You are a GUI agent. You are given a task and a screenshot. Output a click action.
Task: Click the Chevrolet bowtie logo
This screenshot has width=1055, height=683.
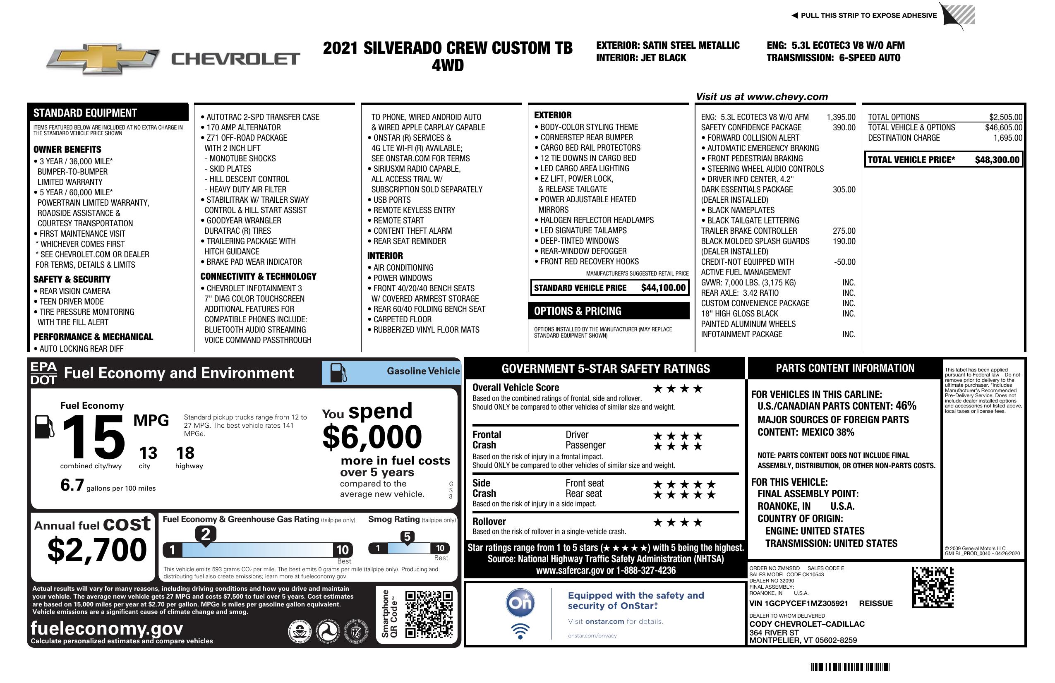103,59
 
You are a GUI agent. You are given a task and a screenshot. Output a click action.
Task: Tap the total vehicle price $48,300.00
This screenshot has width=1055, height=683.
997,160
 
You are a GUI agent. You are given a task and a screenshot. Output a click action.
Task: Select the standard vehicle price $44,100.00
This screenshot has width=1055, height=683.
663,288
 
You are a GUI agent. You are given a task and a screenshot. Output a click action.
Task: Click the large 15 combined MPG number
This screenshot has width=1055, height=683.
94,437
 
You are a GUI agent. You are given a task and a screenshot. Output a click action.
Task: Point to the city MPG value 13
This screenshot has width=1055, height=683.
148,453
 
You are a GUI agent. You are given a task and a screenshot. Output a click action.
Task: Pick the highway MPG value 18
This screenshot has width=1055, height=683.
185,453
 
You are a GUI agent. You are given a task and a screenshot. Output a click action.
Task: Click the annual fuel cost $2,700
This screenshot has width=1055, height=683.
97,550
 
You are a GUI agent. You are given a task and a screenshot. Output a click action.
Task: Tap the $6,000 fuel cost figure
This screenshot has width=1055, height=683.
372,437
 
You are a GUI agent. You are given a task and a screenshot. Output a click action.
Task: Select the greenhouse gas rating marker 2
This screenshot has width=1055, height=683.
206,534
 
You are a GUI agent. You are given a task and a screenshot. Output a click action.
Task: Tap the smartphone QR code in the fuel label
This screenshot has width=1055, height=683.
429,614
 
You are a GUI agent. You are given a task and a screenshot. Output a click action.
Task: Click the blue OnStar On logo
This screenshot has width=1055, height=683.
520,603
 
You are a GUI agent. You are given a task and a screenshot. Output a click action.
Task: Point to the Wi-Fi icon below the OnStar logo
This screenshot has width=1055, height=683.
520,631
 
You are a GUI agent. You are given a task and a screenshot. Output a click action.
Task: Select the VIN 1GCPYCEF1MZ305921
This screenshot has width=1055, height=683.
799,603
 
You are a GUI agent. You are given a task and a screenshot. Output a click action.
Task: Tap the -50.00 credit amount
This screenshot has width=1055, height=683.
844,262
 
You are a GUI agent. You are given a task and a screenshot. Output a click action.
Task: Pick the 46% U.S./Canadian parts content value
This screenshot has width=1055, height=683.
906,405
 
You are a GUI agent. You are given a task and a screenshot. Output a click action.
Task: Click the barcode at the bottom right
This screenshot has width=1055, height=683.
849,667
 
